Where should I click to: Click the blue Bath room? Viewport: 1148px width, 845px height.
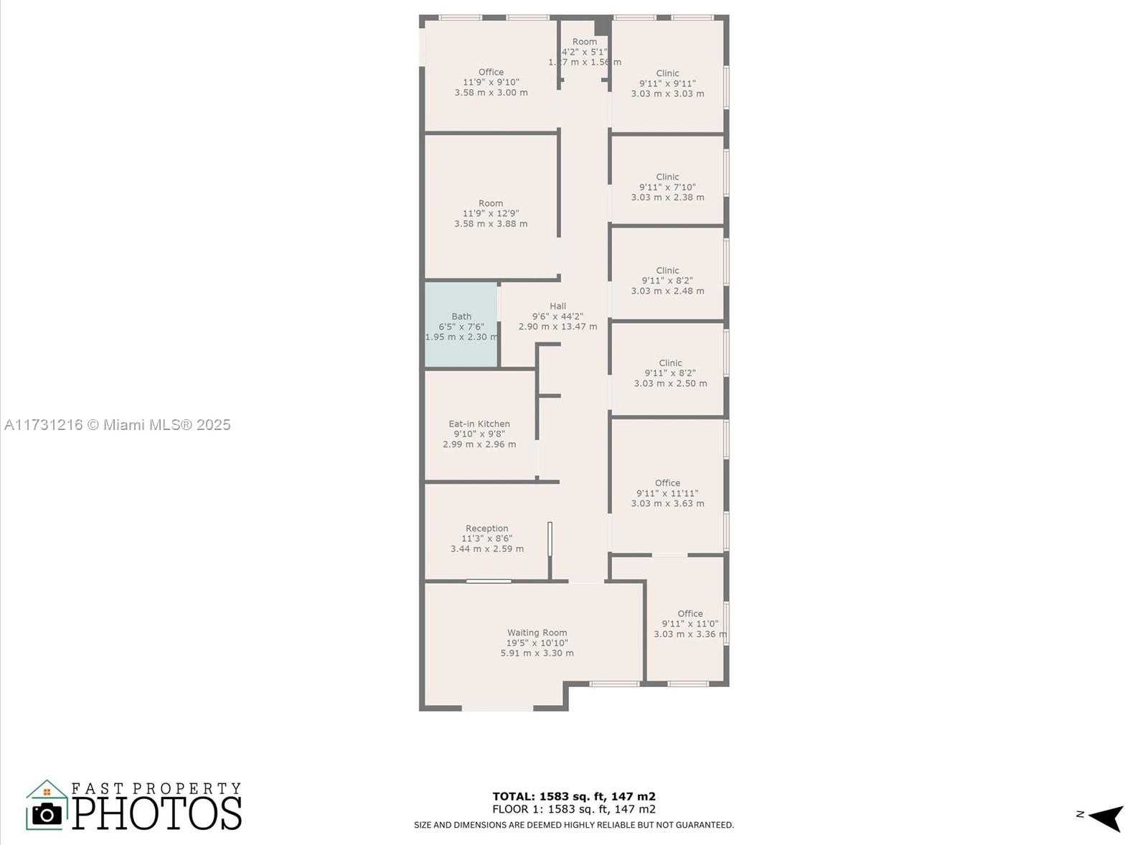click(461, 324)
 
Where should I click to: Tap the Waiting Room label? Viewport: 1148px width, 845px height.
click(537, 632)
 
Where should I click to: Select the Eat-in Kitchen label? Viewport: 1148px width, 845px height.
click(479, 424)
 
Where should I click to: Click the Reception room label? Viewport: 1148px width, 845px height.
click(487, 528)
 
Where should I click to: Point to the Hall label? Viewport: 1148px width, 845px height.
click(557, 306)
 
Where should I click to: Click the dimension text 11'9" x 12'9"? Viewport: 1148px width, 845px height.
click(491, 213)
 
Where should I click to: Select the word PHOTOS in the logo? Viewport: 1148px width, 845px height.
click(157, 813)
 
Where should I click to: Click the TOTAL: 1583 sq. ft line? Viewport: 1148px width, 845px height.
click(573, 796)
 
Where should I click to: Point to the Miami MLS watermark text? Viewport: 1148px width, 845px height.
click(118, 425)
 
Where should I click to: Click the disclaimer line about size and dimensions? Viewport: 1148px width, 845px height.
click(573, 825)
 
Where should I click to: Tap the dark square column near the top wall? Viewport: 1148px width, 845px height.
click(603, 26)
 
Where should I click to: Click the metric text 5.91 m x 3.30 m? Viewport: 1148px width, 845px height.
click(537, 653)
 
